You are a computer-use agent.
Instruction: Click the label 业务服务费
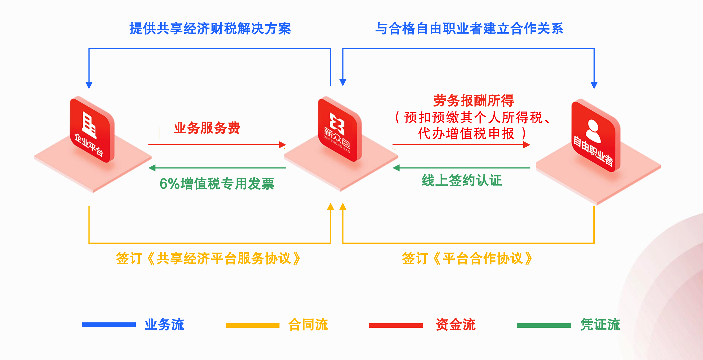pos(207,128)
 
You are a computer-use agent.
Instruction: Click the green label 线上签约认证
pos(462,181)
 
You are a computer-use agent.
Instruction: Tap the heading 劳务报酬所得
pos(473,101)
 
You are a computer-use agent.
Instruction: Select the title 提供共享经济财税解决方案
pos(210,28)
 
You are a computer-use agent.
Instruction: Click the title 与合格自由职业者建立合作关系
pos(469,28)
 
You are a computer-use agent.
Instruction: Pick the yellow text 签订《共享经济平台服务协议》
pos(209,258)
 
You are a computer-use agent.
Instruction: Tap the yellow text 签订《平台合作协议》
pos(467,258)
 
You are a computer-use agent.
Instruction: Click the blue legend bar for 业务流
pos(109,325)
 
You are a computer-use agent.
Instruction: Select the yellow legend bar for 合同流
pos(253,325)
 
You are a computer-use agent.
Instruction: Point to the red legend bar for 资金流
pos(396,325)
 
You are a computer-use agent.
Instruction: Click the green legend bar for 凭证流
pos(544,325)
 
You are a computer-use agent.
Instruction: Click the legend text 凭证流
pos(600,325)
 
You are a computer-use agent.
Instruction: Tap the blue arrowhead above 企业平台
pos(89,85)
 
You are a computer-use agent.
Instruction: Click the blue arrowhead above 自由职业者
pos(594,85)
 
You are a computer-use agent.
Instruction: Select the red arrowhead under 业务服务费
pos(282,145)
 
